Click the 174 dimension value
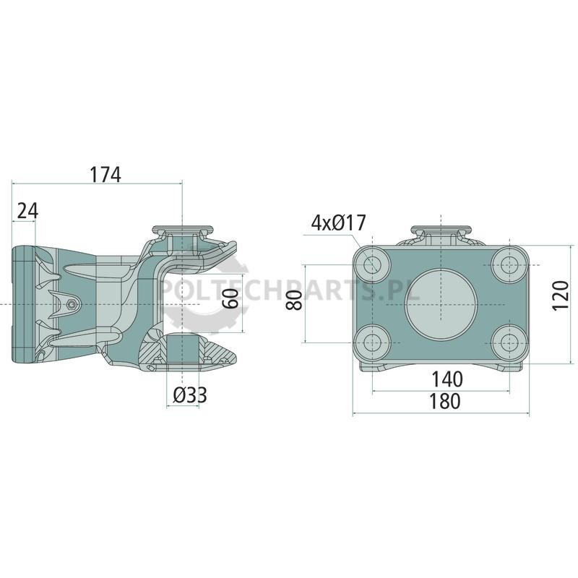(x=105, y=175)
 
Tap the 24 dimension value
(x=27, y=211)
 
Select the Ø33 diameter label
(x=190, y=395)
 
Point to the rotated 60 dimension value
(x=231, y=298)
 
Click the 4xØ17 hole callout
(x=338, y=223)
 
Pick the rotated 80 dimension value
(x=295, y=300)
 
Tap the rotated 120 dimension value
(x=561, y=296)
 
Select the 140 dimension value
(x=447, y=379)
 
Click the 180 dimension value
(x=445, y=401)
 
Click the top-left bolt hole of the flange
(x=373, y=264)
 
